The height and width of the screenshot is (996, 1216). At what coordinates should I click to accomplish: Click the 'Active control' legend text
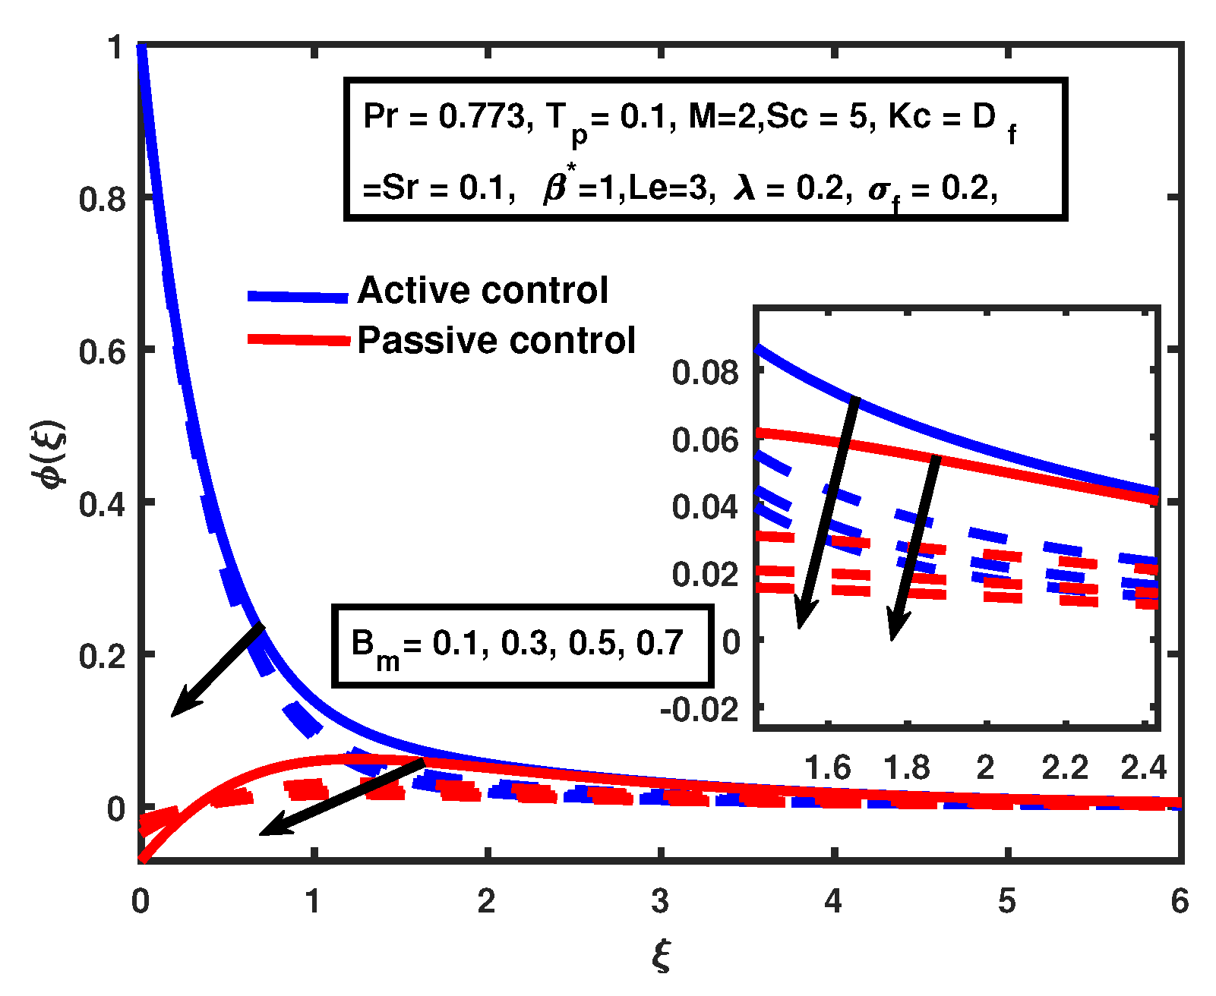482,291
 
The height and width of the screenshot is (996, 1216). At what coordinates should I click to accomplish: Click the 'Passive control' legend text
496,340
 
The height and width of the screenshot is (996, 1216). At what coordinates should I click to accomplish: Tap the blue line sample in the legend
298,297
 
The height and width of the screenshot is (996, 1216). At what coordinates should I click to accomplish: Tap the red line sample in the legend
298,340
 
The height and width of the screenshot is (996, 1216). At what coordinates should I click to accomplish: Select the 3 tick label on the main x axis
660,901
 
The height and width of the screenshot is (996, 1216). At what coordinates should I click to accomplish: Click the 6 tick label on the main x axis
1180,901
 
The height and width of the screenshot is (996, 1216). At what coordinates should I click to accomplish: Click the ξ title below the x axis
661,955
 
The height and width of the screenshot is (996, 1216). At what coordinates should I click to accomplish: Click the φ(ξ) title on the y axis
53,455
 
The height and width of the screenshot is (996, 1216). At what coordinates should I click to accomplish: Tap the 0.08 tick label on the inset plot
705,373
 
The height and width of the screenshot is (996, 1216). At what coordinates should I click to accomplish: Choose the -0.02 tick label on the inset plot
700,710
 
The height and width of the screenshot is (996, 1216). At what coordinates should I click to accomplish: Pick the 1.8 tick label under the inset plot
906,768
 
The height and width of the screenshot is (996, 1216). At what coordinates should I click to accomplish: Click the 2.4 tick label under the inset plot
1143,768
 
